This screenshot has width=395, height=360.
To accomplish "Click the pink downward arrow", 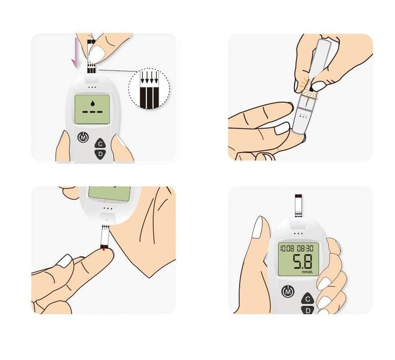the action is [75, 53].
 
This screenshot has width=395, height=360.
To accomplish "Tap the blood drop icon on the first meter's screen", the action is [93, 103].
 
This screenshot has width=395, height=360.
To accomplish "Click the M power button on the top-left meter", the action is [83, 137].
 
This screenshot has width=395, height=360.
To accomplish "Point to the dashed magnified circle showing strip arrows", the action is [149, 88].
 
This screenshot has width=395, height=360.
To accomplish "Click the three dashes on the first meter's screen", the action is [93, 112].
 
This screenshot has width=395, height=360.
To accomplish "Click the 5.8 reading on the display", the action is [302, 261].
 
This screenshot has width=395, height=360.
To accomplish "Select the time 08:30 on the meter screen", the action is [305, 248].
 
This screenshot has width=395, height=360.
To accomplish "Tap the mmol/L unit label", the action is [307, 272].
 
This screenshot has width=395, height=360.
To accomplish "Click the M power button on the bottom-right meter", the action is [288, 292].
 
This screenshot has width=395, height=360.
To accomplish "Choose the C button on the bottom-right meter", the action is [308, 299].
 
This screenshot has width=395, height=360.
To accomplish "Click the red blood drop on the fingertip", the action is [104, 249].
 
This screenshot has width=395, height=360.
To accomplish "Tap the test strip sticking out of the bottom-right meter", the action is [298, 205].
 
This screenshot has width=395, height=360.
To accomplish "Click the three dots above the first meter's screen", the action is [93, 87].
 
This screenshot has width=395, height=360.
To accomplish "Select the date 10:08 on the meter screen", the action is [287, 248].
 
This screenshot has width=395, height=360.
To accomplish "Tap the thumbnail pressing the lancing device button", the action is [319, 86].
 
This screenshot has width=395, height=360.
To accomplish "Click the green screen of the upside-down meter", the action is [110, 194].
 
